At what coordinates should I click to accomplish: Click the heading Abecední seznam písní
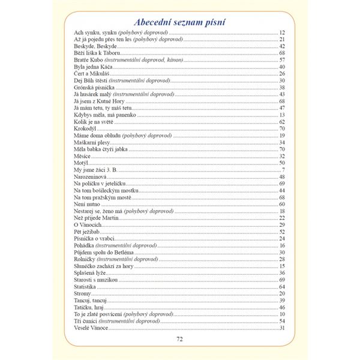(x=179, y=23)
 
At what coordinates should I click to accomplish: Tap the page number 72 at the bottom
(x=179, y=339)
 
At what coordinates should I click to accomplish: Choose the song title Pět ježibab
(x=85, y=231)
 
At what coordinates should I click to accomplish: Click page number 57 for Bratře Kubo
(x=282, y=60)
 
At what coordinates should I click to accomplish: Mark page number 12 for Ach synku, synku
(x=282, y=32)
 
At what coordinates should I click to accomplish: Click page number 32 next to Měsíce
(x=282, y=156)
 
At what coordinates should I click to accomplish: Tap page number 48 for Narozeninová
(x=282, y=176)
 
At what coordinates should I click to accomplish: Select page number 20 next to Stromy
(x=282, y=293)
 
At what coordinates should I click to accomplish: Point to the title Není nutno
(x=85, y=204)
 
